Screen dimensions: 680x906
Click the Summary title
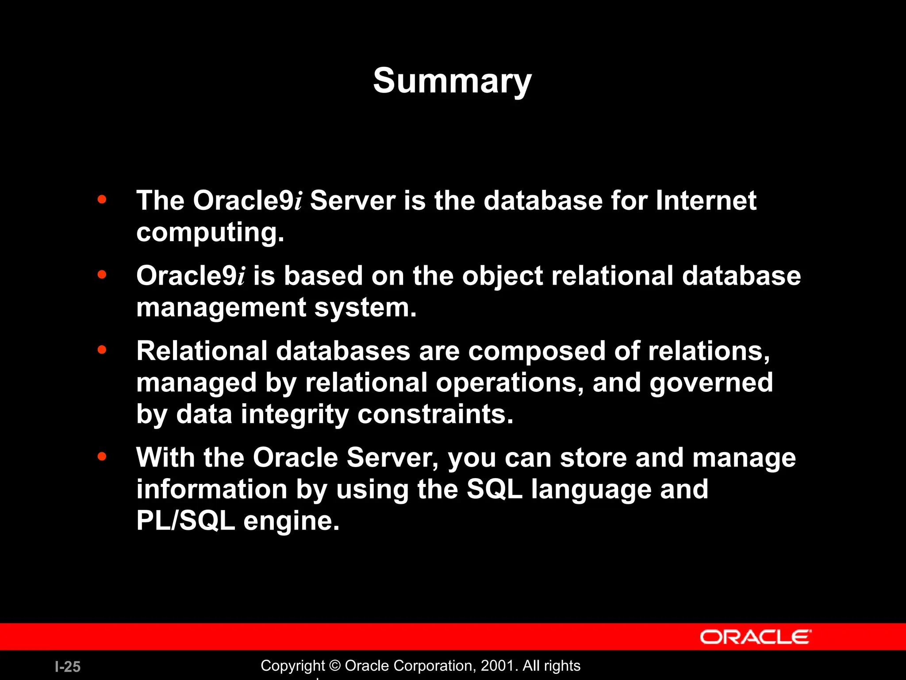[x=452, y=81]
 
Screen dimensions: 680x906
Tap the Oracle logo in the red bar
[x=756, y=637]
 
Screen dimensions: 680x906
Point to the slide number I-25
[x=68, y=667]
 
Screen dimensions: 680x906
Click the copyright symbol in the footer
[x=335, y=666]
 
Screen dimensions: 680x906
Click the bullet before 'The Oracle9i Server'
[x=102, y=200]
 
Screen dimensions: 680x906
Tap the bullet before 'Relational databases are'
[x=102, y=350]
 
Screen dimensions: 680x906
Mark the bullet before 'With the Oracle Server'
[x=102, y=456]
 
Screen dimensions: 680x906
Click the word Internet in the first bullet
[x=706, y=201]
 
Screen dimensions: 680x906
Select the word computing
[x=210, y=233]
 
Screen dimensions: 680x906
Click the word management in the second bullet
[x=221, y=308]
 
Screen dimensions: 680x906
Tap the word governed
[x=711, y=383]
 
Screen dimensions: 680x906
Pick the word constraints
[x=435, y=414]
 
